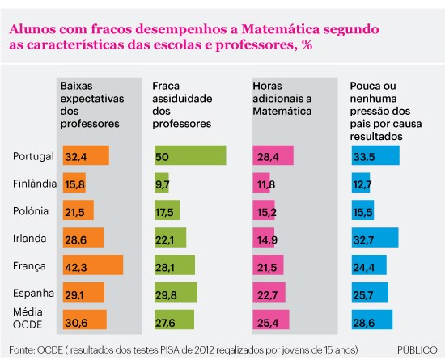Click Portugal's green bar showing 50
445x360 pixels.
point(190,155)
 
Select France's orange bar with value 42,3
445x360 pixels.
point(93,265)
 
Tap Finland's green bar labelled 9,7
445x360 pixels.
point(162,183)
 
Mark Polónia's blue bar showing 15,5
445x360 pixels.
point(362,210)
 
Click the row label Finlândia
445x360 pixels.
point(35,184)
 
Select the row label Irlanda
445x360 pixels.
point(29,239)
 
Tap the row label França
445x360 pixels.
point(29,266)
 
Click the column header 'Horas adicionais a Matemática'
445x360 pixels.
point(282,99)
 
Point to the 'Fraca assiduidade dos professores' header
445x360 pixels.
point(182,104)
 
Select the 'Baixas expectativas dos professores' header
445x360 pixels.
point(92,104)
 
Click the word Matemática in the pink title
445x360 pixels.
point(281,29)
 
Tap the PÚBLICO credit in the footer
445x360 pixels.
point(417,349)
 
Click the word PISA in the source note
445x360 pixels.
point(169,350)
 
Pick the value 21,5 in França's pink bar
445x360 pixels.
point(267,268)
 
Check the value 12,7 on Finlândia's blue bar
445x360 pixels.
point(362,185)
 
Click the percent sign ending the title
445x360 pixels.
point(307,44)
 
